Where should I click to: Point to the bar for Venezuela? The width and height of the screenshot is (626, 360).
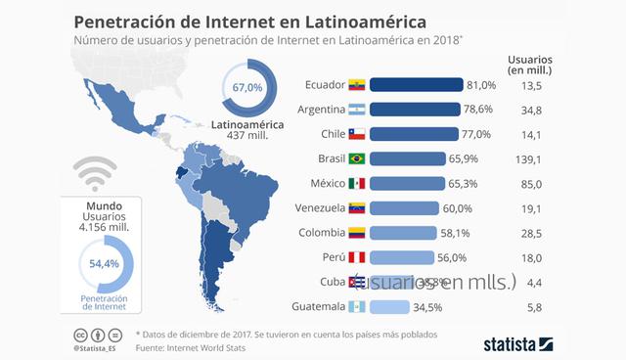405,207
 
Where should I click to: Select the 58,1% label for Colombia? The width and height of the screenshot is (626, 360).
458,233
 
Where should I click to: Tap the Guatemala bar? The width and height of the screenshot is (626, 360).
390,306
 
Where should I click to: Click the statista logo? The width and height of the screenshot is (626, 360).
519,343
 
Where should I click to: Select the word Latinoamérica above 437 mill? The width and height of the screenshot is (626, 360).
249,126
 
